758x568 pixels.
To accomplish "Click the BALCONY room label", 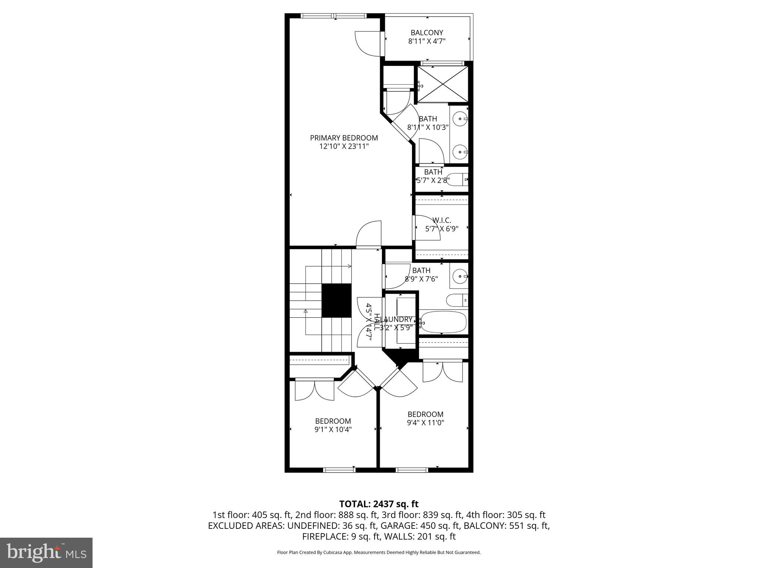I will coord(426,33).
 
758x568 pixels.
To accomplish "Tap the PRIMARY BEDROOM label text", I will coord(344,138).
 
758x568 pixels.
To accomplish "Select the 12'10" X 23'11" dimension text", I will coord(344,146).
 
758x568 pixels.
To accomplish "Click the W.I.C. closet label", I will coord(442,220).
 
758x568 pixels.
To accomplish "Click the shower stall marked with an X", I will coord(443,84).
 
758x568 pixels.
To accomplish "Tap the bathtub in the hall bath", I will coord(443,322).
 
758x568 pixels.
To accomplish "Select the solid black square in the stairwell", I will coord(336,300).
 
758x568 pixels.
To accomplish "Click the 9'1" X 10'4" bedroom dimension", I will coord(333,429).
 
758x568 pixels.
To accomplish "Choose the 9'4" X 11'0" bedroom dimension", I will coord(425,423).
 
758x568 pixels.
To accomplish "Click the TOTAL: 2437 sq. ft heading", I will coord(379,504).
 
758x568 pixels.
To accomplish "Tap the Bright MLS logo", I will coord(46,553).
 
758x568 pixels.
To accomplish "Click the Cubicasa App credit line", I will coord(379,552).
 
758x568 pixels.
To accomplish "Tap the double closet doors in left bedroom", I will coord(315,390).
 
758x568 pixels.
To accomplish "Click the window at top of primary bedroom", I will coord(334,16).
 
